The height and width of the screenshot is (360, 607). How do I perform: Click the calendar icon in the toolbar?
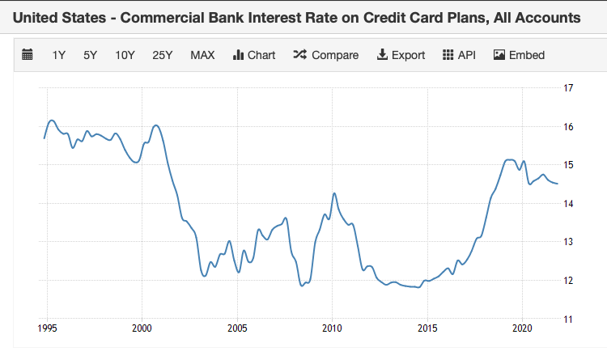(x=28, y=55)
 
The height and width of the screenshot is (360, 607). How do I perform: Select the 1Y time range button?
(x=59, y=55)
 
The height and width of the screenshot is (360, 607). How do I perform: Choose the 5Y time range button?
(x=90, y=55)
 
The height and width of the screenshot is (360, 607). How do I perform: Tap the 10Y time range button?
(x=125, y=55)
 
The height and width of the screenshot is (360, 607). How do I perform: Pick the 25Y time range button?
(x=163, y=55)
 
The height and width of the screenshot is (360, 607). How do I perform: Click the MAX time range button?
(x=202, y=55)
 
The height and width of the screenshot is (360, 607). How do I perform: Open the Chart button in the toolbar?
(x=254, y=55)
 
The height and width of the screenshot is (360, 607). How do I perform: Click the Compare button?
(x=325, y=55)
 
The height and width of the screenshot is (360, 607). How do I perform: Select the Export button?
(x=401, y=55)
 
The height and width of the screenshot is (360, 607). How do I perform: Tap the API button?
(x=459, y=55)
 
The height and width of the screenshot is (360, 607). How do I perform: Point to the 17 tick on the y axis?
(x=568, y=88)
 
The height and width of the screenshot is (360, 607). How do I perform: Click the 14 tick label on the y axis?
(x=568, y=204)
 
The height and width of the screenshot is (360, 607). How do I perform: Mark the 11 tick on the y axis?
(x=568, y=320)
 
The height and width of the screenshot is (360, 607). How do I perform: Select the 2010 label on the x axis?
(x=331, y=329)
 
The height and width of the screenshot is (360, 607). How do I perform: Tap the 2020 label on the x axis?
(x=521, y=329)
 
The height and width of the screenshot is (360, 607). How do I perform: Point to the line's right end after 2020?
(x=557, y=184)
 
